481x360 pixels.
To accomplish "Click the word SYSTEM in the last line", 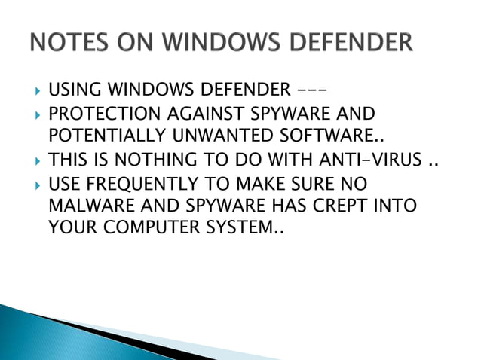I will [x=237, y=227].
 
